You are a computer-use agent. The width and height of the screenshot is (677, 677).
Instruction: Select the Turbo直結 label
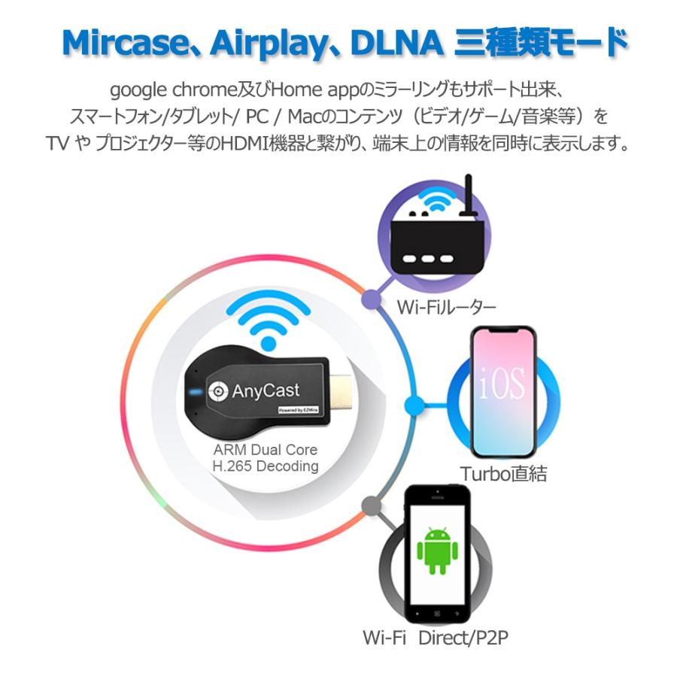click(503, 473)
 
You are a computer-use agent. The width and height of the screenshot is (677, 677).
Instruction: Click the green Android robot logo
click(436, 551)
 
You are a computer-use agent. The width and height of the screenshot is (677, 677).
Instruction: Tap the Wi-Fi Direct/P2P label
click(436, 639)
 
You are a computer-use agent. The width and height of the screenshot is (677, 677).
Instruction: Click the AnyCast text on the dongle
click(266, 390)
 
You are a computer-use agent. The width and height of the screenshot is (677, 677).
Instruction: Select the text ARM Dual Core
click(265, 450)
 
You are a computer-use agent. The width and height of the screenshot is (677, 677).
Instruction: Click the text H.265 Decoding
click(265, 466)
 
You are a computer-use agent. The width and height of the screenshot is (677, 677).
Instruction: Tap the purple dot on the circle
click(369, 299)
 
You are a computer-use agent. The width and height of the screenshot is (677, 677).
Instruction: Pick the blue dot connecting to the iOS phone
click(411, 400)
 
